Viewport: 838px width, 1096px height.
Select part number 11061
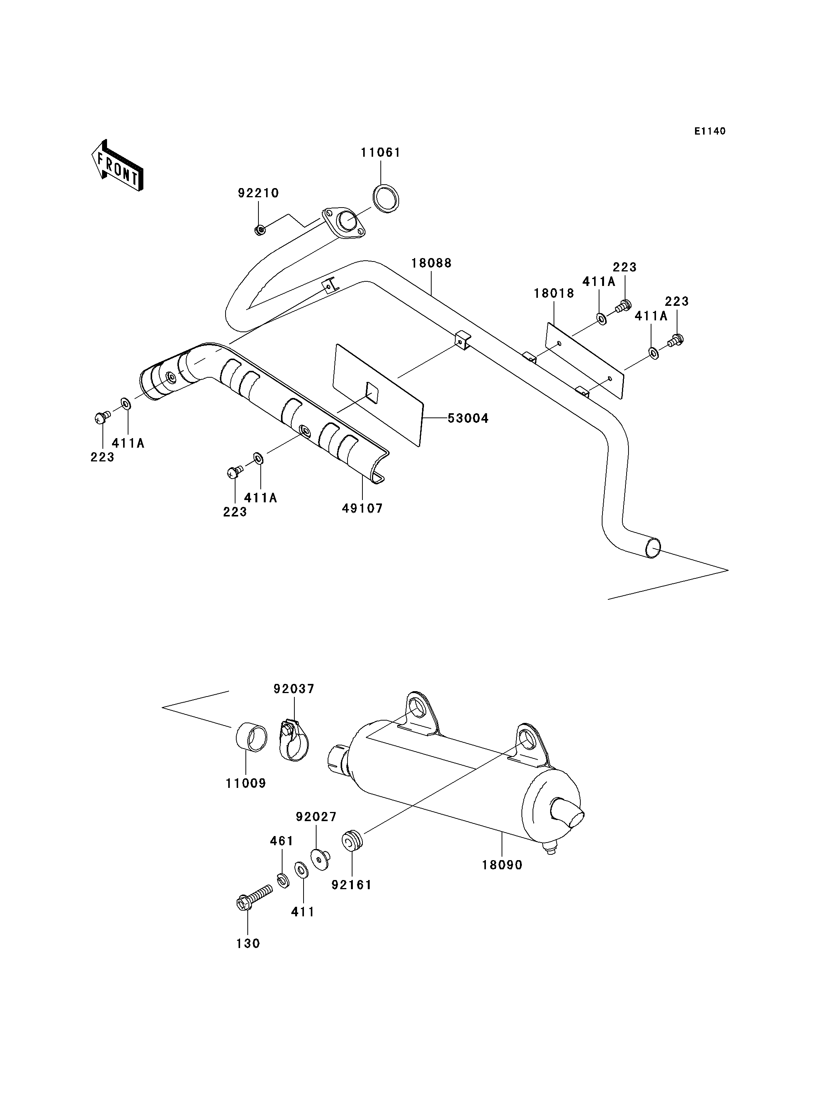coord(381,153)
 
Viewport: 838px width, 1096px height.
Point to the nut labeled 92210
coord(259,230)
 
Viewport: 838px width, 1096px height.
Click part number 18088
coord(432,263)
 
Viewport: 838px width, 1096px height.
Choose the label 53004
coord(468,418)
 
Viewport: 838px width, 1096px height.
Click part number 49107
coord(363,508)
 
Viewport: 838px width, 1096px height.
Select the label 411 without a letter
coord(303,912)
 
